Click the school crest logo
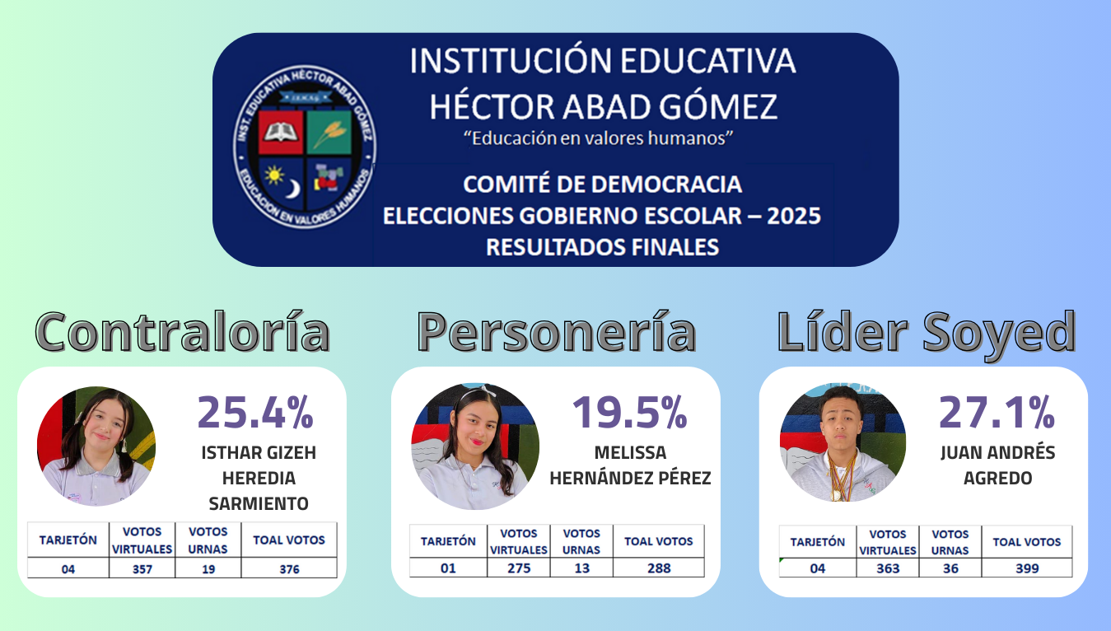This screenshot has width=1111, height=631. pyautogui.click(x=305, y=147)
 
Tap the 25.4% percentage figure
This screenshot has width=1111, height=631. pyautogui.click(x=255, y=412)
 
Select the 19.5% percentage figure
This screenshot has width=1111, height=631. pyautogui.click(x=630, y=412)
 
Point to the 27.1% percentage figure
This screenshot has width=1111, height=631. pyautogui.click(x=997, y=412)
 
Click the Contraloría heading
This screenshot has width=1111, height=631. pyautogui.click(x=183, y=331)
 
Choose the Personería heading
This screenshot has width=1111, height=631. pyautogui.click(x=557, y=331)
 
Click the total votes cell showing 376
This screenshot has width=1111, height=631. pyautogui.click(x=289, y=568)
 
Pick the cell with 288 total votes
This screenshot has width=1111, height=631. pyautogui.click(x=659, y=568)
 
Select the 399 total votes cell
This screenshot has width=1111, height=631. pyautogui.click(x=1027, y=568)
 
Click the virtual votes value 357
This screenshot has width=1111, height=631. pyautogui.click(x=142, y=568)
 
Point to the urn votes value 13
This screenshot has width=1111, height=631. pyautogui.click(x=581, y=568)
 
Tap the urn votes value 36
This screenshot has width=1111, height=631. pyautogui.click(x=950, y=568)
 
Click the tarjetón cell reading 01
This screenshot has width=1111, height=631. pyautogui.click(x=448, y=568)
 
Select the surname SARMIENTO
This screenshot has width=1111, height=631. pyautogui.click(x=259, y=503)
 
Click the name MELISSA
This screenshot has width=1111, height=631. pyautogui.click(x=630, y=452)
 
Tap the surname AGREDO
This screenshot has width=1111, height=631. pyautogui.click(x=998, y=479)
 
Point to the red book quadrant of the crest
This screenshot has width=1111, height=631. pyautogui.click(x=281, y=132)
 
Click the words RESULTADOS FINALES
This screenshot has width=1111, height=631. pyautogui.click(x=602, y=247)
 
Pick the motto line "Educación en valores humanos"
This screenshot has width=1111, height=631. pyautogui.click(x=598, y=138)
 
